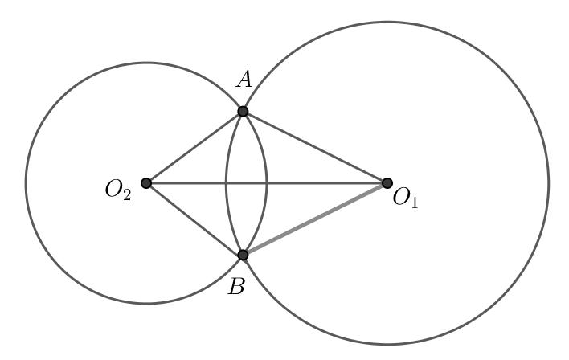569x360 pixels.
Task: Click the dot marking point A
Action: coord(243,111)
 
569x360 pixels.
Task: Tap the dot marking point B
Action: coord(243,255)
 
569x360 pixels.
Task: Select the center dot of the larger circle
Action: coord(387,183)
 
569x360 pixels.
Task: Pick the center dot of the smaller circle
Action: coord(146,183)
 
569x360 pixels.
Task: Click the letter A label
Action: coord(244,79)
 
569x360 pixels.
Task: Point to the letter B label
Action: coord(235,287)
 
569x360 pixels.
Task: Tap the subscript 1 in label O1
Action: coord(413,202)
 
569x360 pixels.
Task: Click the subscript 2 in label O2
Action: coord(126,197)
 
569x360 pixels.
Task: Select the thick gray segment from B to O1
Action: coord(315,219)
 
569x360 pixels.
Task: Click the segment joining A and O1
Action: coord(315,147)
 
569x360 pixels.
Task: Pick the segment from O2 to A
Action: coord(194,147)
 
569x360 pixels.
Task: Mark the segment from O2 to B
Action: coord(194,219)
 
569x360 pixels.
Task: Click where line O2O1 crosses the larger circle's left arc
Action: coord(226,183)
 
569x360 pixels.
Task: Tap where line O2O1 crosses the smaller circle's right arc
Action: coord(267,183)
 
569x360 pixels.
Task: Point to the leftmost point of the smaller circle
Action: coord(26,183)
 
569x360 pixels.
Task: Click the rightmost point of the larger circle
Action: coord(549,183)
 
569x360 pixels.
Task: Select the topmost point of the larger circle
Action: coord(387,22)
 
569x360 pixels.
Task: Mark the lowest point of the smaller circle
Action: coord(146,304)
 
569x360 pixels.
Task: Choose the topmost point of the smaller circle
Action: coord(146,63)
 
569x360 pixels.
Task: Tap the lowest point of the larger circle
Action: coord(387,345)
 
